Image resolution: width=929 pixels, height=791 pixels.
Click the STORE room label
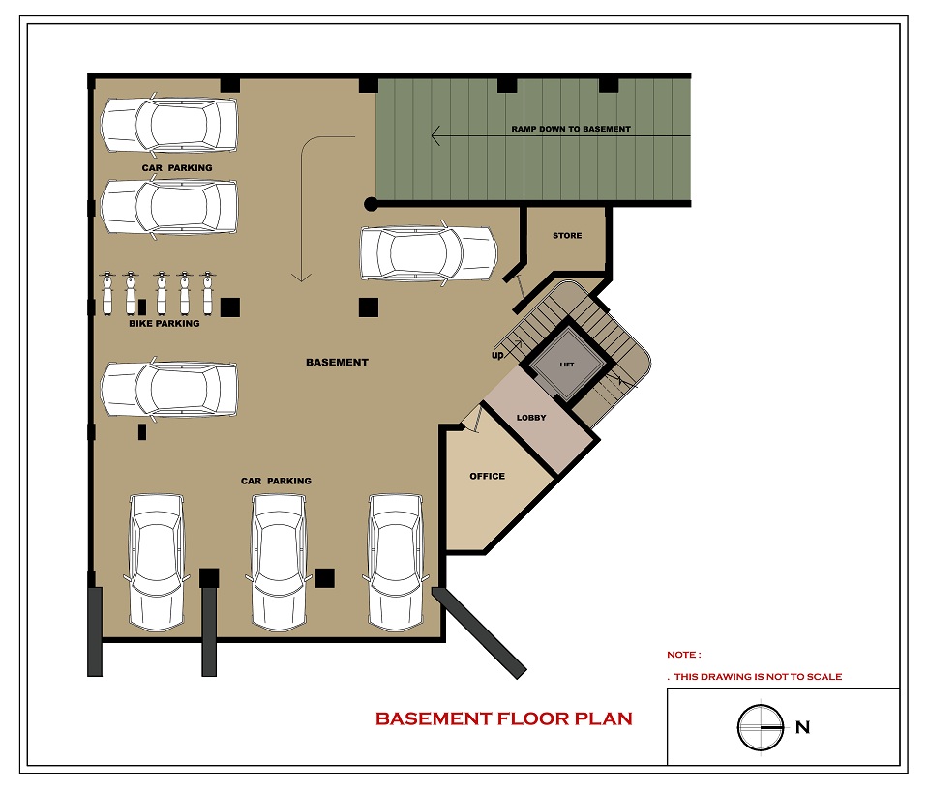567,236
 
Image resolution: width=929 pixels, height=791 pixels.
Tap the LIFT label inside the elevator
567,365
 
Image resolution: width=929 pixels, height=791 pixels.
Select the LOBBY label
531,418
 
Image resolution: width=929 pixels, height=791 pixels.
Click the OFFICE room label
487,476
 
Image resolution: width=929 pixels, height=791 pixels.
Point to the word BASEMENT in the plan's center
337,363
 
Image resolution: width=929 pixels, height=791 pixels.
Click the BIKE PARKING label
165,323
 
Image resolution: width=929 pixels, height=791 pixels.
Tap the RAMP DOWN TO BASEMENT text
571,129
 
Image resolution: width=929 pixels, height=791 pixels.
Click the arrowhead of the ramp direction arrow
435,135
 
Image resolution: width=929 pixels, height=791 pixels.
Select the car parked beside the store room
429,252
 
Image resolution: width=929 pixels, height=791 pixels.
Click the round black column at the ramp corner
371,204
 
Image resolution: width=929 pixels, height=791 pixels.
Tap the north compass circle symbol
761,726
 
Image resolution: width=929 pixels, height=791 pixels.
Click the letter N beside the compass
803,727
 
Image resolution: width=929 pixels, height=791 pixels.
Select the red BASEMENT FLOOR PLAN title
504,718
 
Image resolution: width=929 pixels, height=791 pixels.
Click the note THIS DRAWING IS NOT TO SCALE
758,677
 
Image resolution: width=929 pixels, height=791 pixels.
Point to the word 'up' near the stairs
497,355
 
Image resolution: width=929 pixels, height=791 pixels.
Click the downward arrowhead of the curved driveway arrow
301,278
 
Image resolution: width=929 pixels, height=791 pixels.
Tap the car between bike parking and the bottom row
168,389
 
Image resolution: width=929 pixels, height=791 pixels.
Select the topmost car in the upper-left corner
168,125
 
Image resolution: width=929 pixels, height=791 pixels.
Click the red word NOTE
684,655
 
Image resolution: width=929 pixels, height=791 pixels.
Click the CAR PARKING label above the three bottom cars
276,481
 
